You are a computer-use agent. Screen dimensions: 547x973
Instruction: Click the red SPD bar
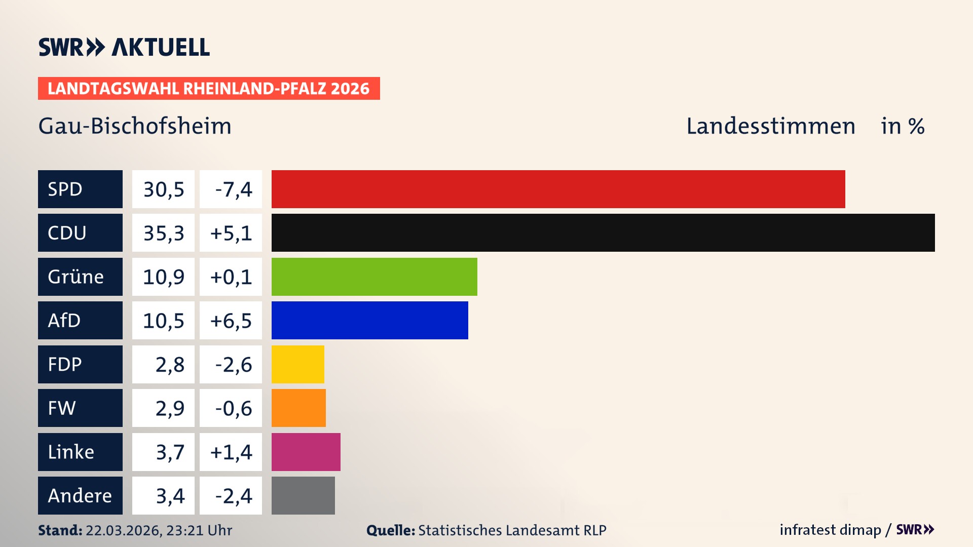(x=558, y=189)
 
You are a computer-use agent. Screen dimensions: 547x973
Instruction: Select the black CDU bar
(x=603, y=232)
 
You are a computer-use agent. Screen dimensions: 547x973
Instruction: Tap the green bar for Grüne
(x=374, y=277)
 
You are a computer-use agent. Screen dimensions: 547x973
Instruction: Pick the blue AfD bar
(x=369, y=320)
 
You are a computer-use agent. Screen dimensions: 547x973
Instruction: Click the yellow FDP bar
(x=297, y=364)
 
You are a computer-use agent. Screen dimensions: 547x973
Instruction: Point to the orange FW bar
(x=298, y=408)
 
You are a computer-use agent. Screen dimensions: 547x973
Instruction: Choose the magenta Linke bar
(x=306, y=452)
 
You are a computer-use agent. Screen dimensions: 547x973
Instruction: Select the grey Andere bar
(x=303, y=495)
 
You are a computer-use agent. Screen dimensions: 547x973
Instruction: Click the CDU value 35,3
(x=163, y=233)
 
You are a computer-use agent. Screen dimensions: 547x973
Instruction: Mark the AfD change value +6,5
(x=231, y=321)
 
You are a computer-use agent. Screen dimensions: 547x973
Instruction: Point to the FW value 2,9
(x=169, y=408)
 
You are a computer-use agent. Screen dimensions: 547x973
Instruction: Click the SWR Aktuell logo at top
(x=124, y=47)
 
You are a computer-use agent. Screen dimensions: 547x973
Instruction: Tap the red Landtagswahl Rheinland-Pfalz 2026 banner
(x=209, y=89)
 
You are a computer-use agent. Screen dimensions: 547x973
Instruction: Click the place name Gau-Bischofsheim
(x=135, y=126)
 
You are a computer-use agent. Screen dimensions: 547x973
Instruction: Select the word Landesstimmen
(x=770, y=126)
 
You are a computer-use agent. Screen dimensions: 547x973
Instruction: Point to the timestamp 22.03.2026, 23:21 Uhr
(x=159, y=530)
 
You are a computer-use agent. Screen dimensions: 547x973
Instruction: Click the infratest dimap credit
(x=830, y=530)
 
